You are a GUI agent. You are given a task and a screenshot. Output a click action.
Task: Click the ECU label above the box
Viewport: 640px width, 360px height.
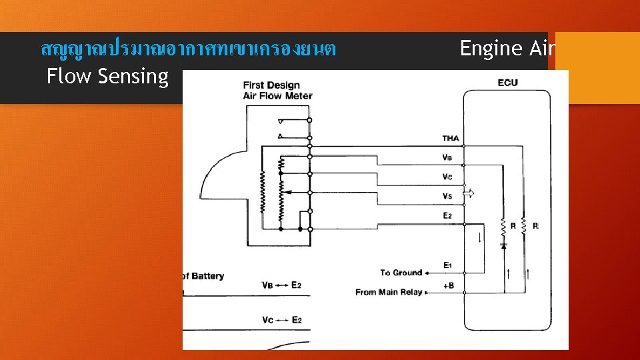pos(507,83)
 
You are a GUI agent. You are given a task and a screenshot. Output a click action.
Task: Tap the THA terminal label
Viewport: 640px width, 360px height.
pos(451,139)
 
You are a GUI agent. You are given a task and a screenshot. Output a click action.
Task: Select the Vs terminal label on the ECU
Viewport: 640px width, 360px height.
pos(447,196)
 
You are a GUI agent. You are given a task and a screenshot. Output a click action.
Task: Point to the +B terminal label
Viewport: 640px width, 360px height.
pos(449,285)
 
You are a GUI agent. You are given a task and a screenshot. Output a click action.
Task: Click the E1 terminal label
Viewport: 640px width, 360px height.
pos(448,266)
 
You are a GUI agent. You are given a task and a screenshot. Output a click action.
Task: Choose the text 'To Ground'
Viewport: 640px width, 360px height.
pos(401,273)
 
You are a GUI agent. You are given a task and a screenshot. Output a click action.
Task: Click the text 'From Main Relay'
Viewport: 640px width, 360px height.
pos(389,292)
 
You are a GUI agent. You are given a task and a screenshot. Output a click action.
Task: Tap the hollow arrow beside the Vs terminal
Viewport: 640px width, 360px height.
pos(469,194)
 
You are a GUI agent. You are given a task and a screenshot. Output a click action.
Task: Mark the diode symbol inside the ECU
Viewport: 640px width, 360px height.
pos(503,245)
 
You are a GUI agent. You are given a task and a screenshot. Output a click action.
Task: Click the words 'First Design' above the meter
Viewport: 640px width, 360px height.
pos(271,85)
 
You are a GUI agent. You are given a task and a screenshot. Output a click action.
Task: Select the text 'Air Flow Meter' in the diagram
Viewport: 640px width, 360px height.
pos(277,96)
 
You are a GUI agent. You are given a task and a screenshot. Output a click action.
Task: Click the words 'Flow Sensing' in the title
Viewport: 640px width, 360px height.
pos(107,76)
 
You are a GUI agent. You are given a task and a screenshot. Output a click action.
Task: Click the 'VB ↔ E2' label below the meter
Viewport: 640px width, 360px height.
pos(281,285)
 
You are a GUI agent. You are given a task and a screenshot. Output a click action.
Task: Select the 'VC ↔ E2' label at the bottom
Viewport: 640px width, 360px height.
pos(281,320)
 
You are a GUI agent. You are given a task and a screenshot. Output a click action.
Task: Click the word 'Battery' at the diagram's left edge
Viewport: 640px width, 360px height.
pos(207,276)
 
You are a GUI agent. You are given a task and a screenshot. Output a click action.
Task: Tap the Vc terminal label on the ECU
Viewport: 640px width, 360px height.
pos(447,177)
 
